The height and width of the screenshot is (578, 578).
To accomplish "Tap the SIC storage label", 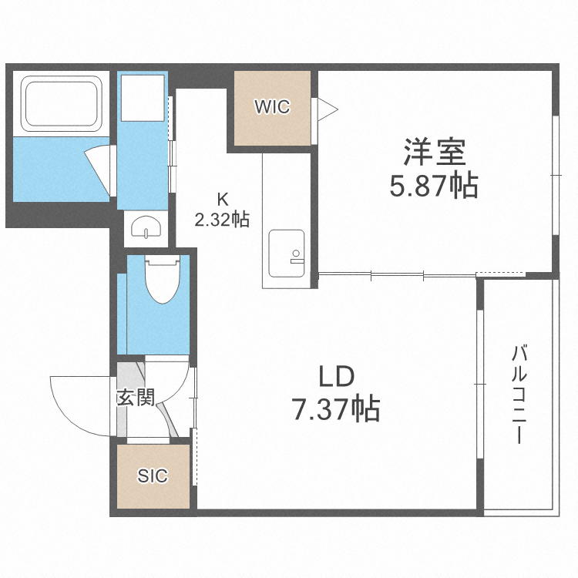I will click(x=153, y=476).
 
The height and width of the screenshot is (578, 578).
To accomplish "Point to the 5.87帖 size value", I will click(x=434, y=186).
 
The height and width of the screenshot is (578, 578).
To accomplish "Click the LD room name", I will click(x=336, y=377).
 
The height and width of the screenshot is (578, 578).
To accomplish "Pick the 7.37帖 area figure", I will click(x=336, y=408).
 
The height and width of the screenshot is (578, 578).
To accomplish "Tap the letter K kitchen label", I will click(x=221, y=198).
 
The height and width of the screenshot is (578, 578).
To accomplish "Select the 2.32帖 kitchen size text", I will click(x=221, y=220).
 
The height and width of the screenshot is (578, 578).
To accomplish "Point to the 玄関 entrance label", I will click(x=136, y=397).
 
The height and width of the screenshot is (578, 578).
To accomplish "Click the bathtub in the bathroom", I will click(x=61, y=104).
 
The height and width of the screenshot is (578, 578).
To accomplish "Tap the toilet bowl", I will click(x=161, y=282).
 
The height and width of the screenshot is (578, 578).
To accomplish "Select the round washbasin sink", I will click(x=145, y=227).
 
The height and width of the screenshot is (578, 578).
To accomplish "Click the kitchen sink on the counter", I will click(x=285, y=254).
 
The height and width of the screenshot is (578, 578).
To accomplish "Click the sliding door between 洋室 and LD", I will click(x=397, y=274).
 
